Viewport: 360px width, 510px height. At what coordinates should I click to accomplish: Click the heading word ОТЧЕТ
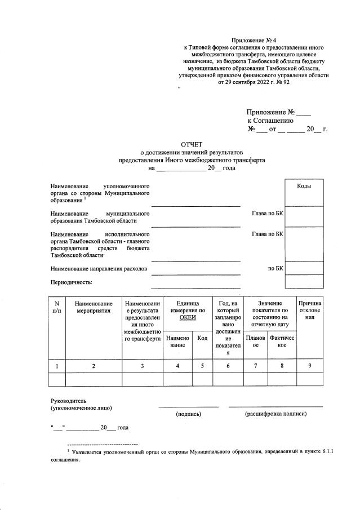[191, 144]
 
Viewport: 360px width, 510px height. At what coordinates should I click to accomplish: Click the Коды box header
[304, 186]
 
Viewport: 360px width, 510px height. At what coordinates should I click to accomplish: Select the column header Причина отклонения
[310, 311]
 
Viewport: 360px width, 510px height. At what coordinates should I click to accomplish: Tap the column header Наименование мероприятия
[94, 307]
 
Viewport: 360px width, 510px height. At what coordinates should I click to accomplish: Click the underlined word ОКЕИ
[187, 318]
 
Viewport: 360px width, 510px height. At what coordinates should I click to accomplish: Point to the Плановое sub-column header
[255, 341]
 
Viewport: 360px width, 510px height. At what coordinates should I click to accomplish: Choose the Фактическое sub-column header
[282, 341]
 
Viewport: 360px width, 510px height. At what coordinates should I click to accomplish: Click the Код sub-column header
[202, 338]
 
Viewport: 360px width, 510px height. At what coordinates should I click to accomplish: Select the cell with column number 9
[310, 366]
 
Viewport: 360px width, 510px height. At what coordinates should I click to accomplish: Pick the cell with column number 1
[57, 366]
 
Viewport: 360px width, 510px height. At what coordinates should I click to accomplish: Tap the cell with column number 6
[228, 366]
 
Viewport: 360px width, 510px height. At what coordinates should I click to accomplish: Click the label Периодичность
[72, 282]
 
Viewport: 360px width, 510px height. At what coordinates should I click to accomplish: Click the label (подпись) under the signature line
[188, 414]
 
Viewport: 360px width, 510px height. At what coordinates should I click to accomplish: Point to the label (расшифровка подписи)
[275, 414]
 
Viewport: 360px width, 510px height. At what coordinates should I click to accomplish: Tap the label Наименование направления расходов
[99, 269]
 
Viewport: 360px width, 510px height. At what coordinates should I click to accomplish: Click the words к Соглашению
[270, 120]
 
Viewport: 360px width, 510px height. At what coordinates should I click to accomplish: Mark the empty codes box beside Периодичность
[304, 281]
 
